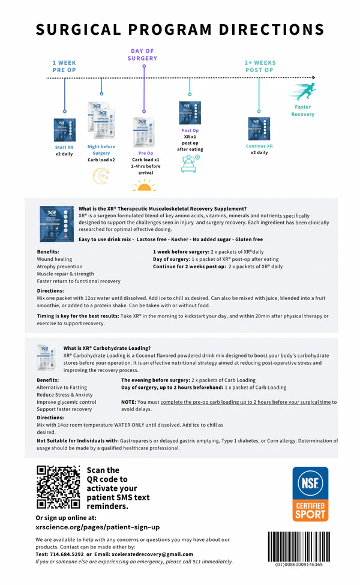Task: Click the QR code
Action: (x=58, y=487)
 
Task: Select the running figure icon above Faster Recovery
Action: (x=302, y=93)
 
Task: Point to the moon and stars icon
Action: (x=101, y=175)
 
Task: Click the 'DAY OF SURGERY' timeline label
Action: (x=142, y=55)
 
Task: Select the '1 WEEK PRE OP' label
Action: (x=64, y=66)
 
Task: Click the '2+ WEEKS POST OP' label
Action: (x=260, y=66)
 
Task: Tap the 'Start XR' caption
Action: (x=64, y=147)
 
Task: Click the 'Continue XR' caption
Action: (x=259, y=146)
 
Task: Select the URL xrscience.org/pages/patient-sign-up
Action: (x=97, y=527)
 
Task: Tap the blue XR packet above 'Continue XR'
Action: (x=259, y=128)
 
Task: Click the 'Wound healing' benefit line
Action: (x=55, y=259)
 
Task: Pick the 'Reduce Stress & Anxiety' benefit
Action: (x=65, y=395)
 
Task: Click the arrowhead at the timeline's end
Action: (x=313, y=77)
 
